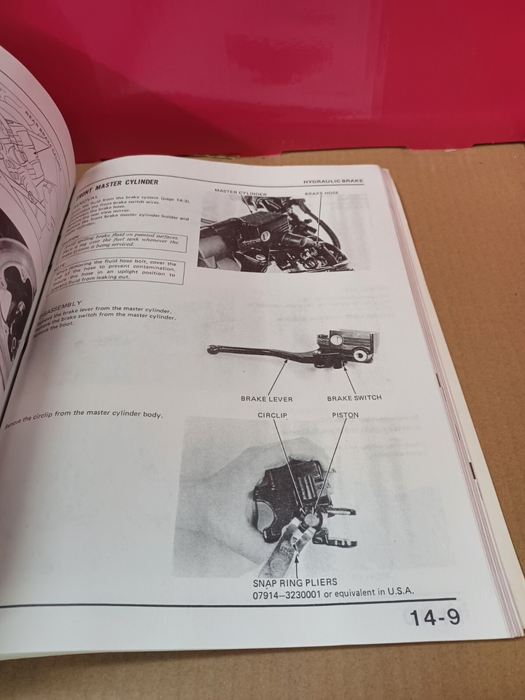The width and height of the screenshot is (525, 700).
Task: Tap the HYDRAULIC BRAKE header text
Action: (x=333, y=180)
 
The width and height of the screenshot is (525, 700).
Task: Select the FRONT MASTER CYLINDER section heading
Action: (x=118, y=185)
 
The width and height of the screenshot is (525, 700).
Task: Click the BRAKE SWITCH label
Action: (x=354, y=398)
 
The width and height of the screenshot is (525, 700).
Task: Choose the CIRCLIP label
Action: (x=273, y=415)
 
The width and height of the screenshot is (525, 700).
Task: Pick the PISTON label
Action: (x=345, y=415)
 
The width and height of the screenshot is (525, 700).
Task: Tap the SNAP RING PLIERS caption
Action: (x=296, y=583)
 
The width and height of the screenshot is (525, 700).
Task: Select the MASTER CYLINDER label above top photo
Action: (x=241, y=192)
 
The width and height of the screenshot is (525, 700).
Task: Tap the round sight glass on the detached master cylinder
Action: (x=337, y=338)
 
